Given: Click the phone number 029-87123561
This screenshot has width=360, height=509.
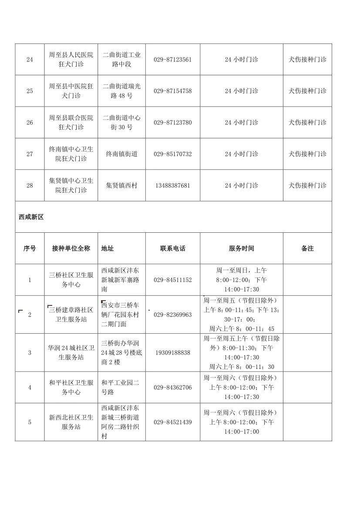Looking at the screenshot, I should click(172, 60).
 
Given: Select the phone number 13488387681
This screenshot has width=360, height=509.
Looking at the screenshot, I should click(172, 185).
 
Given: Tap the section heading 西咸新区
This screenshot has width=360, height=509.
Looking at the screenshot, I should click(31, 217).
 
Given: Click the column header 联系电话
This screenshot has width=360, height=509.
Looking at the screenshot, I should click(172, 248).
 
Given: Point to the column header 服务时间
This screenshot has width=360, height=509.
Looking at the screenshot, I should click(241, 248).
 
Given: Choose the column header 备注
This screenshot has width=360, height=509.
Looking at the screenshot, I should click(307, 248).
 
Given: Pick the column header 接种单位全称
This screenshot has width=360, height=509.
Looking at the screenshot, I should click(71, 248).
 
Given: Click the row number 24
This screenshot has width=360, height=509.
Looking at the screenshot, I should click(30, 60).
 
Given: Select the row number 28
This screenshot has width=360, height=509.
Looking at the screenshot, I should click(30, 185).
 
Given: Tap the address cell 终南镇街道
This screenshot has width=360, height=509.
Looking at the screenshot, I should click(121, 154).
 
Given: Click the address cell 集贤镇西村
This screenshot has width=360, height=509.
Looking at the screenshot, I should click(121, 185).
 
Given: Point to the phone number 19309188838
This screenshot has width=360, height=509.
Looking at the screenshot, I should click(172, 352).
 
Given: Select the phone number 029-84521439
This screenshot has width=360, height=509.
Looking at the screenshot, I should click(172, 422).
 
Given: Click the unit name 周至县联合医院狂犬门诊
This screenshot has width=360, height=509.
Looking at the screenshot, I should click(71, 122).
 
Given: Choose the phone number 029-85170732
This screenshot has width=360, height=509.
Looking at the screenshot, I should click(172, 154).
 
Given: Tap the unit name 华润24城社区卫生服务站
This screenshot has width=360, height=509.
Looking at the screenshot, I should click(71, 352).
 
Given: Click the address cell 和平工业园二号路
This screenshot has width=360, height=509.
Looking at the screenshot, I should click(120, 387).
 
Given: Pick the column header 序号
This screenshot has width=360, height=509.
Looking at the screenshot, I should click(30, 248).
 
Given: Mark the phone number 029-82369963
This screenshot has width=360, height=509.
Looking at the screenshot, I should click(172, 315).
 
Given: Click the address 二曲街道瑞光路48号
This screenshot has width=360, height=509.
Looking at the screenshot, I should click(121, 91).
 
